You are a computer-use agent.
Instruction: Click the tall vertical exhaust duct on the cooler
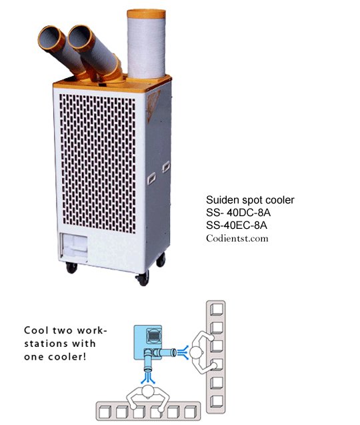tap(146, 44)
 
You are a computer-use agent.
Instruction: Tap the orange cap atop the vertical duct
tap(146, 13)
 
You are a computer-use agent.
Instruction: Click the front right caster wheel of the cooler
tap(143, 278)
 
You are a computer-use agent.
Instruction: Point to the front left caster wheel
tap(71, 268)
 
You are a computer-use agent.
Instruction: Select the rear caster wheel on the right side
tap(161, 260)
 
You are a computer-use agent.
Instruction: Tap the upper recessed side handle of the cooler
tap(166, 167)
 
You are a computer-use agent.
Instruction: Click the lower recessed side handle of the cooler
tap(151, 178)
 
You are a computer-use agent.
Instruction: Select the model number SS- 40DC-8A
tap(239, 213)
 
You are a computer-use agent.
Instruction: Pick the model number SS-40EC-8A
tap(237, 226)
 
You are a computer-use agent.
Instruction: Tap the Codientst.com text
tap(237, 238)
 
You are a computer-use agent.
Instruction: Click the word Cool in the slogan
tap(36, 330)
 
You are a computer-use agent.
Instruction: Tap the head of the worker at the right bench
tap(196, 353)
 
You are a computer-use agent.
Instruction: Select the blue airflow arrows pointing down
tap(148, 378)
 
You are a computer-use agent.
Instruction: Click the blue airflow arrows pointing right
tap(183, 352)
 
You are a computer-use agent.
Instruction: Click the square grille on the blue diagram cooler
tap(153, 336)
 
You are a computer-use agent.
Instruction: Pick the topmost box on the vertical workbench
tap(217, 310)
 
